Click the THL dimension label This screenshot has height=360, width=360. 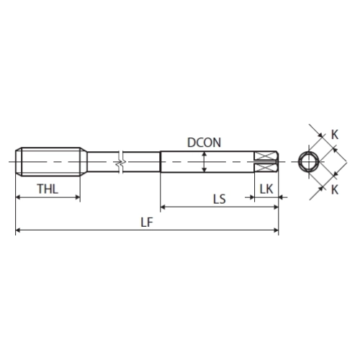pyautogui.click(x=48, y=189)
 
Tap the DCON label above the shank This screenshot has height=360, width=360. pyautogui.click(x=204, y=143)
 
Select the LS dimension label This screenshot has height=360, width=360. pyautogui.click(x=220, y=199)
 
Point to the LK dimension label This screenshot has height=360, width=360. pyautogui.click(x=266, y=189)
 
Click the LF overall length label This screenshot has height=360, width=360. pyautogui.click(x=147, y=222)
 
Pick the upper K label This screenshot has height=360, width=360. pyautogui.click(x=335, y=135)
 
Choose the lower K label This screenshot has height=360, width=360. pyautogui.click(x=335, y=190)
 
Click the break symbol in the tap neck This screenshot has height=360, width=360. pyautogui.click(x=121, y=162)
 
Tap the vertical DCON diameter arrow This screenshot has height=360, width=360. pyautogui.click(x=204, y=162)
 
